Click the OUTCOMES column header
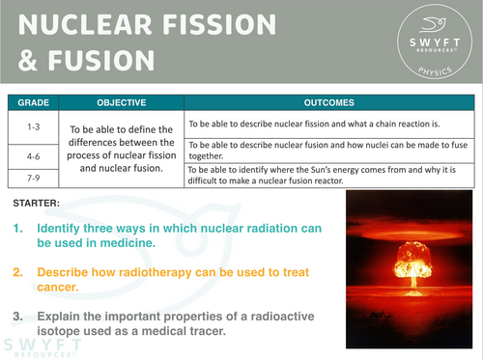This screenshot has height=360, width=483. point(330,101)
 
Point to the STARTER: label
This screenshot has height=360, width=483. point(38,203)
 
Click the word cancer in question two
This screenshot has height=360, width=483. point(64,288)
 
